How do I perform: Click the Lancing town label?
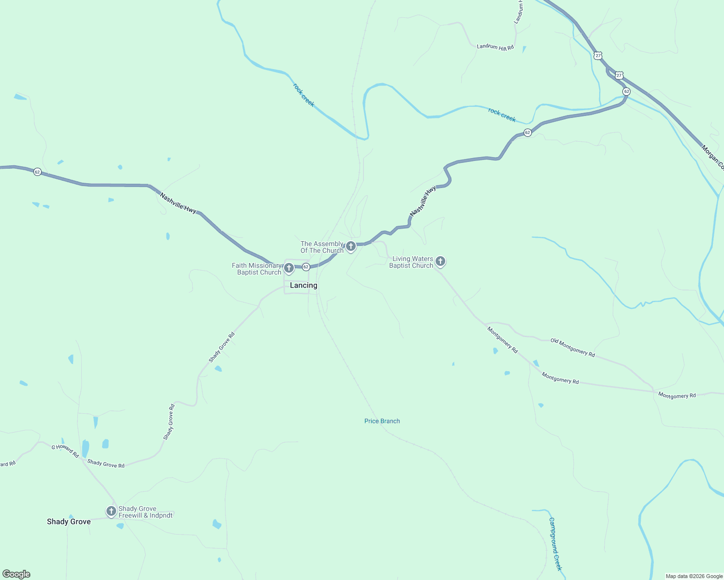303,286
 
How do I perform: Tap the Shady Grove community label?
69,522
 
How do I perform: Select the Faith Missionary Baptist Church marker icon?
289,268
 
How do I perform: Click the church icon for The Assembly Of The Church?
351,246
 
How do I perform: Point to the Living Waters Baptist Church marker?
440,261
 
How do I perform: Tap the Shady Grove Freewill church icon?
111,511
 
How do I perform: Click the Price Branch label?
382,421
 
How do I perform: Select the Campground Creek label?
555,544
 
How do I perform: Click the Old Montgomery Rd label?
573,347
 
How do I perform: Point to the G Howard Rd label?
65,451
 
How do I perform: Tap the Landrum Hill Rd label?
495,47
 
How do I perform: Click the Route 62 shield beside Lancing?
306,267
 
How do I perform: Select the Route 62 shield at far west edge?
37,172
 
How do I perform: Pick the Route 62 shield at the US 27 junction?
626,91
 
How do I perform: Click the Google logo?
16,574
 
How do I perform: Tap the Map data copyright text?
694,576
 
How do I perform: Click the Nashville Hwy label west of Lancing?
178,203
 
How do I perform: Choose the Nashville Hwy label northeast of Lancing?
423,201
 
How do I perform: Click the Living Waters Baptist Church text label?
411,262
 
